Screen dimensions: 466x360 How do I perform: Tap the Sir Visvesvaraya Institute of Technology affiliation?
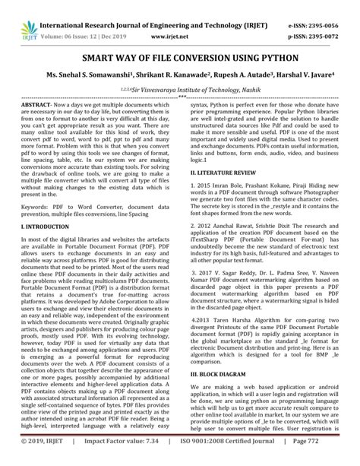tap(183, 89)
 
